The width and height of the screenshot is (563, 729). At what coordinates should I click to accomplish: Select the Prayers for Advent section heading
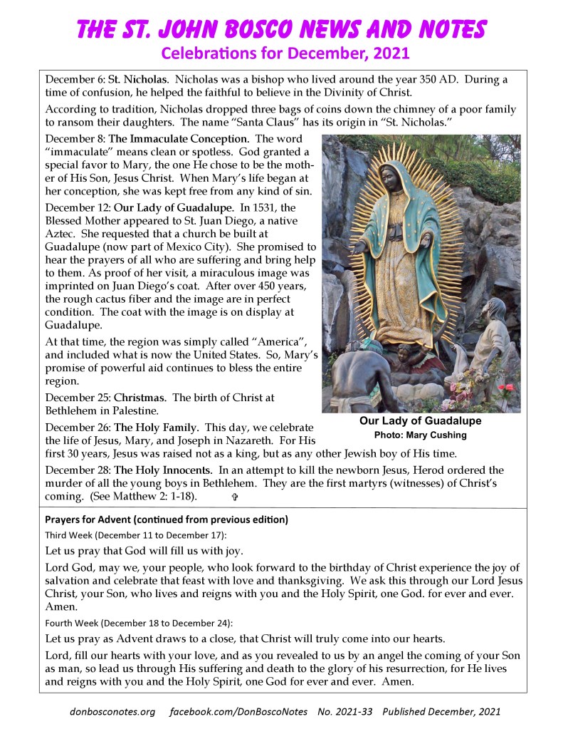166,519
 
